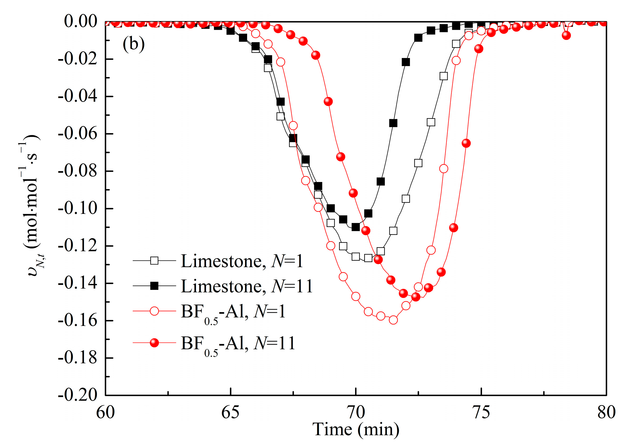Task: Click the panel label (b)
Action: (x=133, y=44)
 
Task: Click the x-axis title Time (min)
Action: (x=356, y=429)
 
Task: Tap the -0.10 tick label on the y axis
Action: (x=77, y=209)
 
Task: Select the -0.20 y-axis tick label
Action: (x=77, y=395)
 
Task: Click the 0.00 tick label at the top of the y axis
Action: (x=80, y=21)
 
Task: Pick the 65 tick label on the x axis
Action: (x=231, y=412)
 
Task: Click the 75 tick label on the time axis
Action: (x=481, y=412)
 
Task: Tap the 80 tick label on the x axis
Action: (x=606, y=412)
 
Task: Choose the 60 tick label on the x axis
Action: (x=105, y=412)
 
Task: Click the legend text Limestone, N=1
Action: (x=242, y=261)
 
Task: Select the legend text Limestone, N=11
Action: (x=247, y=286)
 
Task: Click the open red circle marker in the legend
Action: (x=154, y=311)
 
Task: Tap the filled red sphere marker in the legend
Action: (x=154, y=343)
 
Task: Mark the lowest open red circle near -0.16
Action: (x=393, y=320)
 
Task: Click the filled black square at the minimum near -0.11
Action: (x=356, y=227)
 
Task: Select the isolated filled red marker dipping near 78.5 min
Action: (x=566, y=35)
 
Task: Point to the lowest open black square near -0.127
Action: (x=368, y=258)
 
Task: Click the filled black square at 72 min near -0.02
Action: (x=406, y=62)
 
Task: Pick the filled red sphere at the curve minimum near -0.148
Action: (x=415, y=297)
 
